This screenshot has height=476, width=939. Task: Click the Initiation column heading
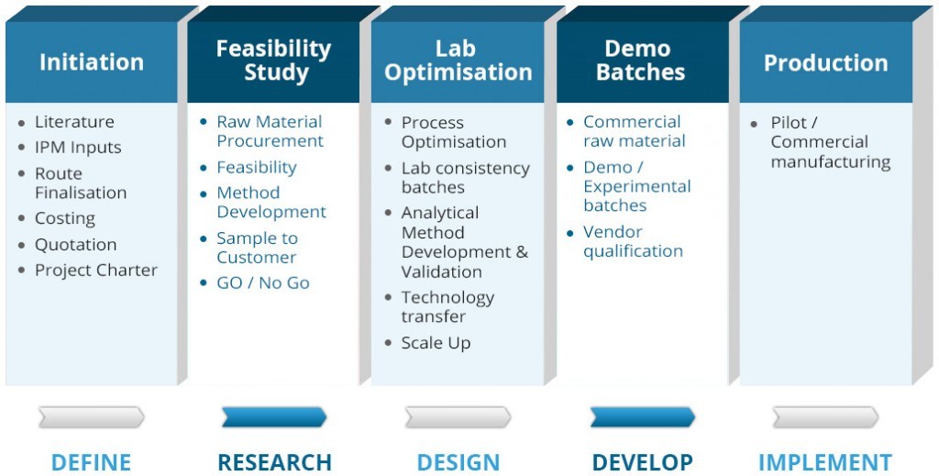[92, 62]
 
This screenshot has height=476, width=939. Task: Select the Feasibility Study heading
[273, 60]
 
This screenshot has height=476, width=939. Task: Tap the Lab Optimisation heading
[458, 60]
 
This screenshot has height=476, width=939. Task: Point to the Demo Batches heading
[640, 60]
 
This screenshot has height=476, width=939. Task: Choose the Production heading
[825, 63]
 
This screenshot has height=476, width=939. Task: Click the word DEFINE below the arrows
[91, 462]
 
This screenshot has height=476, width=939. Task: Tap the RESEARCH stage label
[274, 462]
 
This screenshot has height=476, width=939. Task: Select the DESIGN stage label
[458, 462]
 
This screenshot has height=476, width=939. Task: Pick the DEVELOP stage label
[642, 462]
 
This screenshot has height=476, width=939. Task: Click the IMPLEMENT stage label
[825, 462]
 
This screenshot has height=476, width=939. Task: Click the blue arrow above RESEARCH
[274, 416]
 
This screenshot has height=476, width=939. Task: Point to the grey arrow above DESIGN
[458, 416]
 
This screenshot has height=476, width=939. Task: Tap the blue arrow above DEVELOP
[643, 416]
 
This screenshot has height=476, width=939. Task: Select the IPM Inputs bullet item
[78, 148]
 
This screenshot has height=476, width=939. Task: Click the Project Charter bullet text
[95, 270]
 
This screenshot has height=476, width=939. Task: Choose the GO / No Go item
[263, 282]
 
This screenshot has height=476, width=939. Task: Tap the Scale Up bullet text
[436, 343]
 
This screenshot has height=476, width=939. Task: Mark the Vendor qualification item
[633, 241]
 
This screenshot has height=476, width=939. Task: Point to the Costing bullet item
[65, 218]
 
